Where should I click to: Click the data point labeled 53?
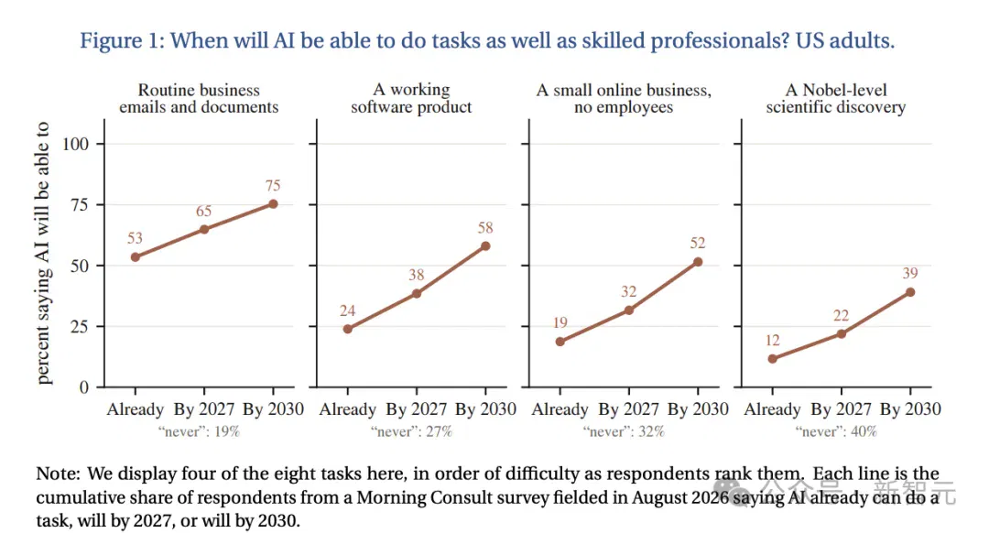(135, 256)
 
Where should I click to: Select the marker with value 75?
(273, 203)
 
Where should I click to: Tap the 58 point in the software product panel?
(485, 246)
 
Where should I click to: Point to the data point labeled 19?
(560, 342)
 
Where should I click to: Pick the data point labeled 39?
(910, 292)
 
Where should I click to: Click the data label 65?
(203, 211)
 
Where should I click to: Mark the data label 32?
(628, 291)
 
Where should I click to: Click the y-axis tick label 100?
(75, 144)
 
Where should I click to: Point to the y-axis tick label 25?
(80, 327)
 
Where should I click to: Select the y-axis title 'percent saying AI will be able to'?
(42, 253)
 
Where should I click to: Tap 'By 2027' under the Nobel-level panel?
(841, 409)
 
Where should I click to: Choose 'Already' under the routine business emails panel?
(135, 409)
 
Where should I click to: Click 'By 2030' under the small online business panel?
(698, 409)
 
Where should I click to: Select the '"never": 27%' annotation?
(411, 431)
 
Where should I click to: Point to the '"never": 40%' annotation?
(836, 431)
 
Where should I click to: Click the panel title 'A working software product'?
(411, 98)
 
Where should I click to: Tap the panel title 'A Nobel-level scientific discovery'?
(836, 98)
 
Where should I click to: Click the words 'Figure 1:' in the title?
(122, 41)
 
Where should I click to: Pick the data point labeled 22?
(841, 333)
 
